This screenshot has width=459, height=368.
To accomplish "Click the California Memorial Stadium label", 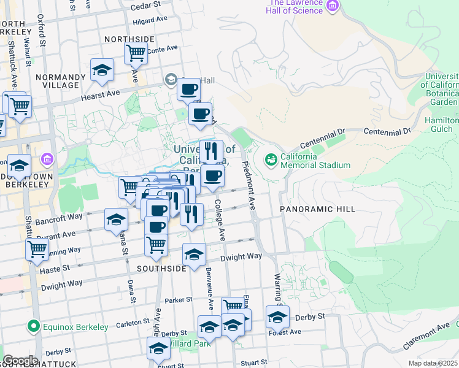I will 315,161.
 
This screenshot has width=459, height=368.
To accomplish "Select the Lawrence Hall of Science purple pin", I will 333,7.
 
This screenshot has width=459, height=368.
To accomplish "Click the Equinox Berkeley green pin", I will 33,326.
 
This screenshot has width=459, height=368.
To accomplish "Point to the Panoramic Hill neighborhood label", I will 318,209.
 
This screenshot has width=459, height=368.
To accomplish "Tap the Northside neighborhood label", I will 129,39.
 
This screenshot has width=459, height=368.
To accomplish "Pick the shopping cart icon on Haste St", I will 37,249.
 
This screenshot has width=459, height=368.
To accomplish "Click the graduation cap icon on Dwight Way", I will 195,254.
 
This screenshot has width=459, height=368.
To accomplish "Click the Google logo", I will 20,361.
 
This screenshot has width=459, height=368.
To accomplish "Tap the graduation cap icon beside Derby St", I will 277,317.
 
